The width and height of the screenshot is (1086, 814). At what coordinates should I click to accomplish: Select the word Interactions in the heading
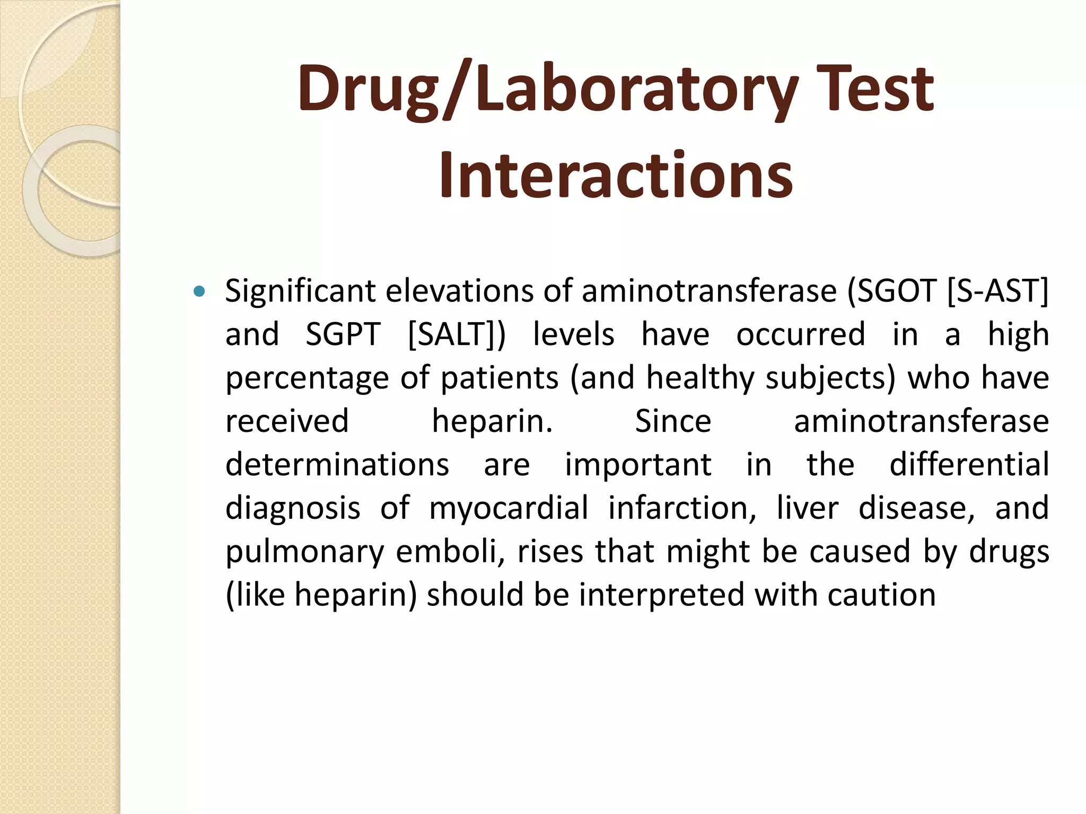coord(615,175)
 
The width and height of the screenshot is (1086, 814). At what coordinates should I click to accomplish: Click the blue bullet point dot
coord(199,291)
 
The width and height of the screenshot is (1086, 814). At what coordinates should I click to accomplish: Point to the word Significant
coord(299,291)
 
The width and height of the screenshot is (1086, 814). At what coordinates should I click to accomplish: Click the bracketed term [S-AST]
coord(997,291)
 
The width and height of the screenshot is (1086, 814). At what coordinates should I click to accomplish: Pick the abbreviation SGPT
coord(343,334)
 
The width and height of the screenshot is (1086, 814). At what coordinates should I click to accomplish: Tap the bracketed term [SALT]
coord(453,334)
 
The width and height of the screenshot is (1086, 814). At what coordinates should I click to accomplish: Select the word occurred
coord(801,334)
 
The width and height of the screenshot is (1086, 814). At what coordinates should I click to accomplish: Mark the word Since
coord(673,421)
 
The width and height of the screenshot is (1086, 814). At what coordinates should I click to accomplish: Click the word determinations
coord(337,465)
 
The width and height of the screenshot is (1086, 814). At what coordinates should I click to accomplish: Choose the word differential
coord(969,465)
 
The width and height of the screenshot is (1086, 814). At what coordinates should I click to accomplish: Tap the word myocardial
coord(509,508)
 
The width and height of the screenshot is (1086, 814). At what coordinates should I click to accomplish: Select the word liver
coord(808,508)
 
